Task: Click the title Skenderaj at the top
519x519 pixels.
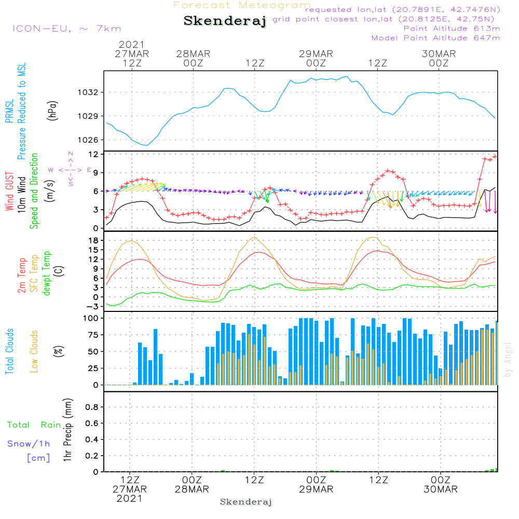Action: point(225,21)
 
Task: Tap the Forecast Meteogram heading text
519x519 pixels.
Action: point(242,6)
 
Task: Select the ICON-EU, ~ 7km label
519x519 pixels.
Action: point(66,29)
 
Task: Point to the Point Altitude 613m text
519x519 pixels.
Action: point(452,29)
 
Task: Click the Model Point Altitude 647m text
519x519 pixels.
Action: point(436,38)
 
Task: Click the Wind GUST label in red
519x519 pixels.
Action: point(9,192)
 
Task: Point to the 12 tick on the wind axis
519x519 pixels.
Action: point(93,155)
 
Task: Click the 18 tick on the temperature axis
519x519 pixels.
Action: point(93,240)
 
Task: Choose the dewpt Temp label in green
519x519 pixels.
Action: point(47,274)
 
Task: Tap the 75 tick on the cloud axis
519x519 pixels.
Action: point(93,335)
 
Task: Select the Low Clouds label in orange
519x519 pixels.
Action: point(34,351)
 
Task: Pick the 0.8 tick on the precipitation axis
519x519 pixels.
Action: point(91,407)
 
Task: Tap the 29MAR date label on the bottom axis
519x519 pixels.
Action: point(316,489)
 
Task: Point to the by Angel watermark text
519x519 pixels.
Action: point(508,360)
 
